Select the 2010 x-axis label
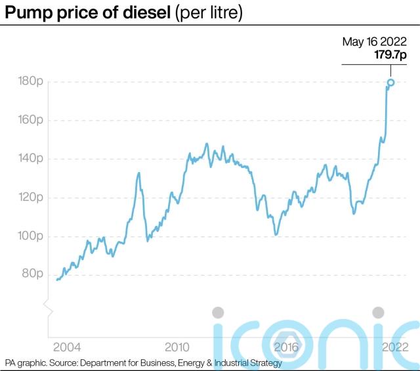pos(177,346)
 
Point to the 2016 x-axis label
pos(286,346)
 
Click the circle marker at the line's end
pos(390,82)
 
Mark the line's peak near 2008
pos(139,173)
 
